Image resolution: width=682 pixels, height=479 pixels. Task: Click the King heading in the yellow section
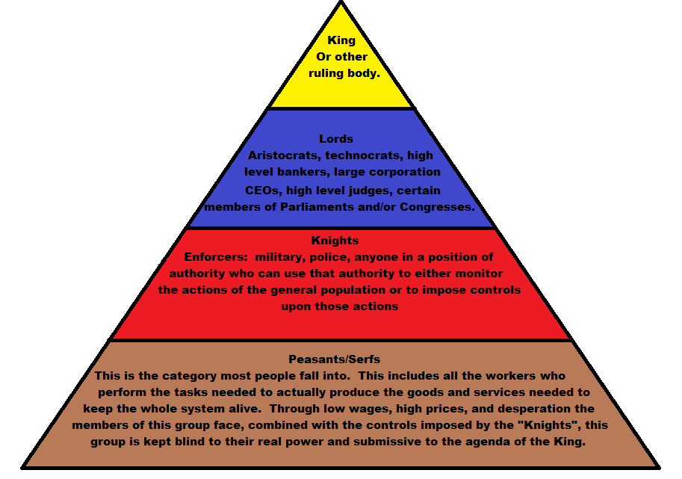(341, 40)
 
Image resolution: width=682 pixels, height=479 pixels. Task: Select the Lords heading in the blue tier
(336, 139)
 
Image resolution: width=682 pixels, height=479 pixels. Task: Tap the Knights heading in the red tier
(335, 241)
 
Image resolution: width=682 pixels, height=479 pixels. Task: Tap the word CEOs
(261, 190)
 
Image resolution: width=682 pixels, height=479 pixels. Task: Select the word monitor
(479, 274)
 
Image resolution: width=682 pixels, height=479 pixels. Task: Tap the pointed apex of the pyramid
(341, 3)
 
